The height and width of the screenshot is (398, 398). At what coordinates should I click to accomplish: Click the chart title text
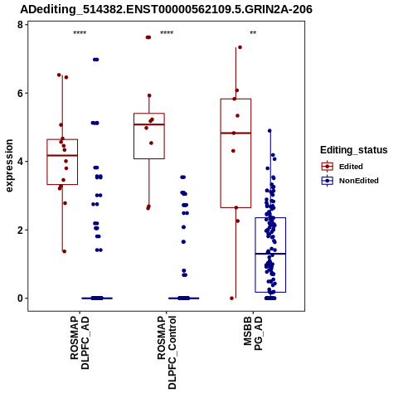click(166, 10)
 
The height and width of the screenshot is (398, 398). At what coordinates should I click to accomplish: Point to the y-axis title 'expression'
click(9, 166)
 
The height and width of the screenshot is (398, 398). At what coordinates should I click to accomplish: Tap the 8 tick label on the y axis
click(20, 25)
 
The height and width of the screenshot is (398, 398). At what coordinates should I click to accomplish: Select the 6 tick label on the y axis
click(20, 94)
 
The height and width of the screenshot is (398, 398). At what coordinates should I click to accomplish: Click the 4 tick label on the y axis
click(20, 162)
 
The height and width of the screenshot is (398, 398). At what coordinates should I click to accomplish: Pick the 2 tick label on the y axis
click(20, 231)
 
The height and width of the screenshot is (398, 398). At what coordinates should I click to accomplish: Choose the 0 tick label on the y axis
click(20, 298)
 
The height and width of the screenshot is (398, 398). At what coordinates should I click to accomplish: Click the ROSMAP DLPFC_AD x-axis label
click(80, 342)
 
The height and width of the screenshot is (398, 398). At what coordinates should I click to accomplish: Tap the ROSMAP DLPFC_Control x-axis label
click(167, 352)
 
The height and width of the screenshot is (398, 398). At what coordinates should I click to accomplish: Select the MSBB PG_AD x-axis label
click(253, 333)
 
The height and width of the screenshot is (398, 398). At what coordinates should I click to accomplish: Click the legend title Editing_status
click(354, 150)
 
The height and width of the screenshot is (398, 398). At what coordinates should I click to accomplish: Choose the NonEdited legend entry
click(350, 181)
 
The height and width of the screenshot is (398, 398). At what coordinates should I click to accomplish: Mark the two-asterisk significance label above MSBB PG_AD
click(253, 32)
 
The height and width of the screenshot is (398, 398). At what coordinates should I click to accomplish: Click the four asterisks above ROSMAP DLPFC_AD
click(80, 32)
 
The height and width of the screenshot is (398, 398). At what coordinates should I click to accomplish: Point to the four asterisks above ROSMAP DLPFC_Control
click(167, 32)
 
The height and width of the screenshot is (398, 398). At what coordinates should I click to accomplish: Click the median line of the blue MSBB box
click(270, 254)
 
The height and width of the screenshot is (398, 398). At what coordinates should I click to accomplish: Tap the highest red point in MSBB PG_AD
click(240, 47)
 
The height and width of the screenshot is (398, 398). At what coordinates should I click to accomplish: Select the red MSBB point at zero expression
click(231, 298)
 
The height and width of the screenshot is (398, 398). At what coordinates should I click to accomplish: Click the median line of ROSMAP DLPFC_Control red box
click(149, 124)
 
